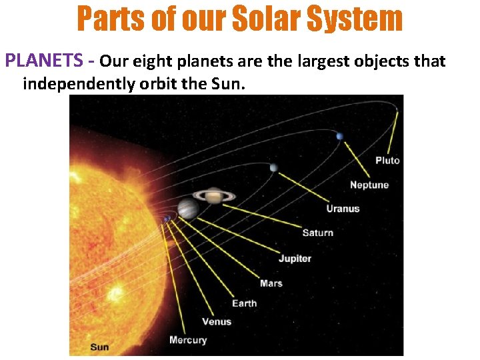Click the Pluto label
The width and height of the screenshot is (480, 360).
[387, 161]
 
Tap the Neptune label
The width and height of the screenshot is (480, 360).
[369, 185]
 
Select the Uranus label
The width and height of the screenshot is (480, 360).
[343, 209]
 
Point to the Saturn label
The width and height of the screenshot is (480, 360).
[317, 233]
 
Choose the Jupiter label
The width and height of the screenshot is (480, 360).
[295, 258]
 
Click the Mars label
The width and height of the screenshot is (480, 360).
[271, 283]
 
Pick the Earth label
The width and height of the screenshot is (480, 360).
[244, 303]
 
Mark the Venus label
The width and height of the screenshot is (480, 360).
[217, 321]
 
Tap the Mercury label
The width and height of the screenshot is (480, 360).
[188, 340]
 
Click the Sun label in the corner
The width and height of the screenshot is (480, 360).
[99, 347]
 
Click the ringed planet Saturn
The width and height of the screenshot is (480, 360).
[214, 195]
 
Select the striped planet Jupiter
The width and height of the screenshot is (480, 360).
[188, 209]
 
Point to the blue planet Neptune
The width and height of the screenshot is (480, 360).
[339, 137]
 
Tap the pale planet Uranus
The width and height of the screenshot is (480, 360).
[273, 167]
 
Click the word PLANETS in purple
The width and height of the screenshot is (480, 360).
[43, 61]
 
